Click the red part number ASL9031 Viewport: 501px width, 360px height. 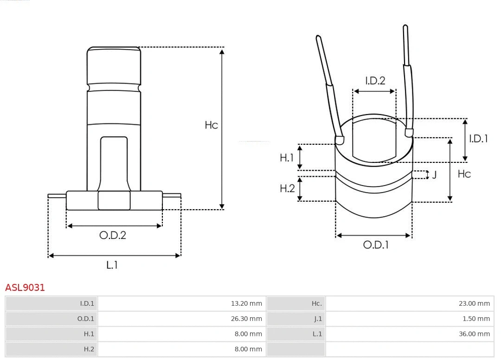pyautogui.click(x=25, y=288)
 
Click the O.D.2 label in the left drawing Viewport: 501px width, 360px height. pyautogui.click(x=113, y=235)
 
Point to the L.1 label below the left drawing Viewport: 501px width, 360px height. pyautogui.click(x=112, y=265)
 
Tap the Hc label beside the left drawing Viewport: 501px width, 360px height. pyautogui.click(x=211, y=125)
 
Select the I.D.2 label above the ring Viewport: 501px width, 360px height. pyautogui.click(x=375, y=81)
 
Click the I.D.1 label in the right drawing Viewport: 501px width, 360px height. pyautogui.click(x=478, y=138)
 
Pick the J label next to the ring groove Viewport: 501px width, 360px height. pyautogui.click(x=434, y=175)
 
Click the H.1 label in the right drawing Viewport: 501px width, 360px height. pyautogui.click(x=287, y=158)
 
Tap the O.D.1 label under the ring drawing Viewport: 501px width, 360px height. pyautogui.click(x=376, y=245)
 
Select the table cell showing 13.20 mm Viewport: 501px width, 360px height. pyautogui.click(x=246, y=303)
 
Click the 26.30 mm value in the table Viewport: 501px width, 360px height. pyautogui.click(x=246, y=319)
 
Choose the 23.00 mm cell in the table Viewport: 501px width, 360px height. pyautogui.click(x=474, y=303)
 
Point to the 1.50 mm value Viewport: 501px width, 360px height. pyautogui.click(x=476, y=319)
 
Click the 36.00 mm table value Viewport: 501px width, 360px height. pyautogui.click(x=474, y=334)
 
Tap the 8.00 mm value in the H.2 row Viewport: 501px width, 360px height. pyautogui.click(x=248, y=349)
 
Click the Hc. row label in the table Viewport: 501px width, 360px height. pyautogui.click(x=316, y=303)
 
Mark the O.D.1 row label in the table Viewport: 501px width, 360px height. pyautogui.click(x=85, y=319)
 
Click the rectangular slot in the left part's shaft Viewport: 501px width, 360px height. pyautogui.click(x=114, y=162)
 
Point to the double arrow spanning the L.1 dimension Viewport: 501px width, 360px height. pyautogui.click(x=114, y=255)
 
